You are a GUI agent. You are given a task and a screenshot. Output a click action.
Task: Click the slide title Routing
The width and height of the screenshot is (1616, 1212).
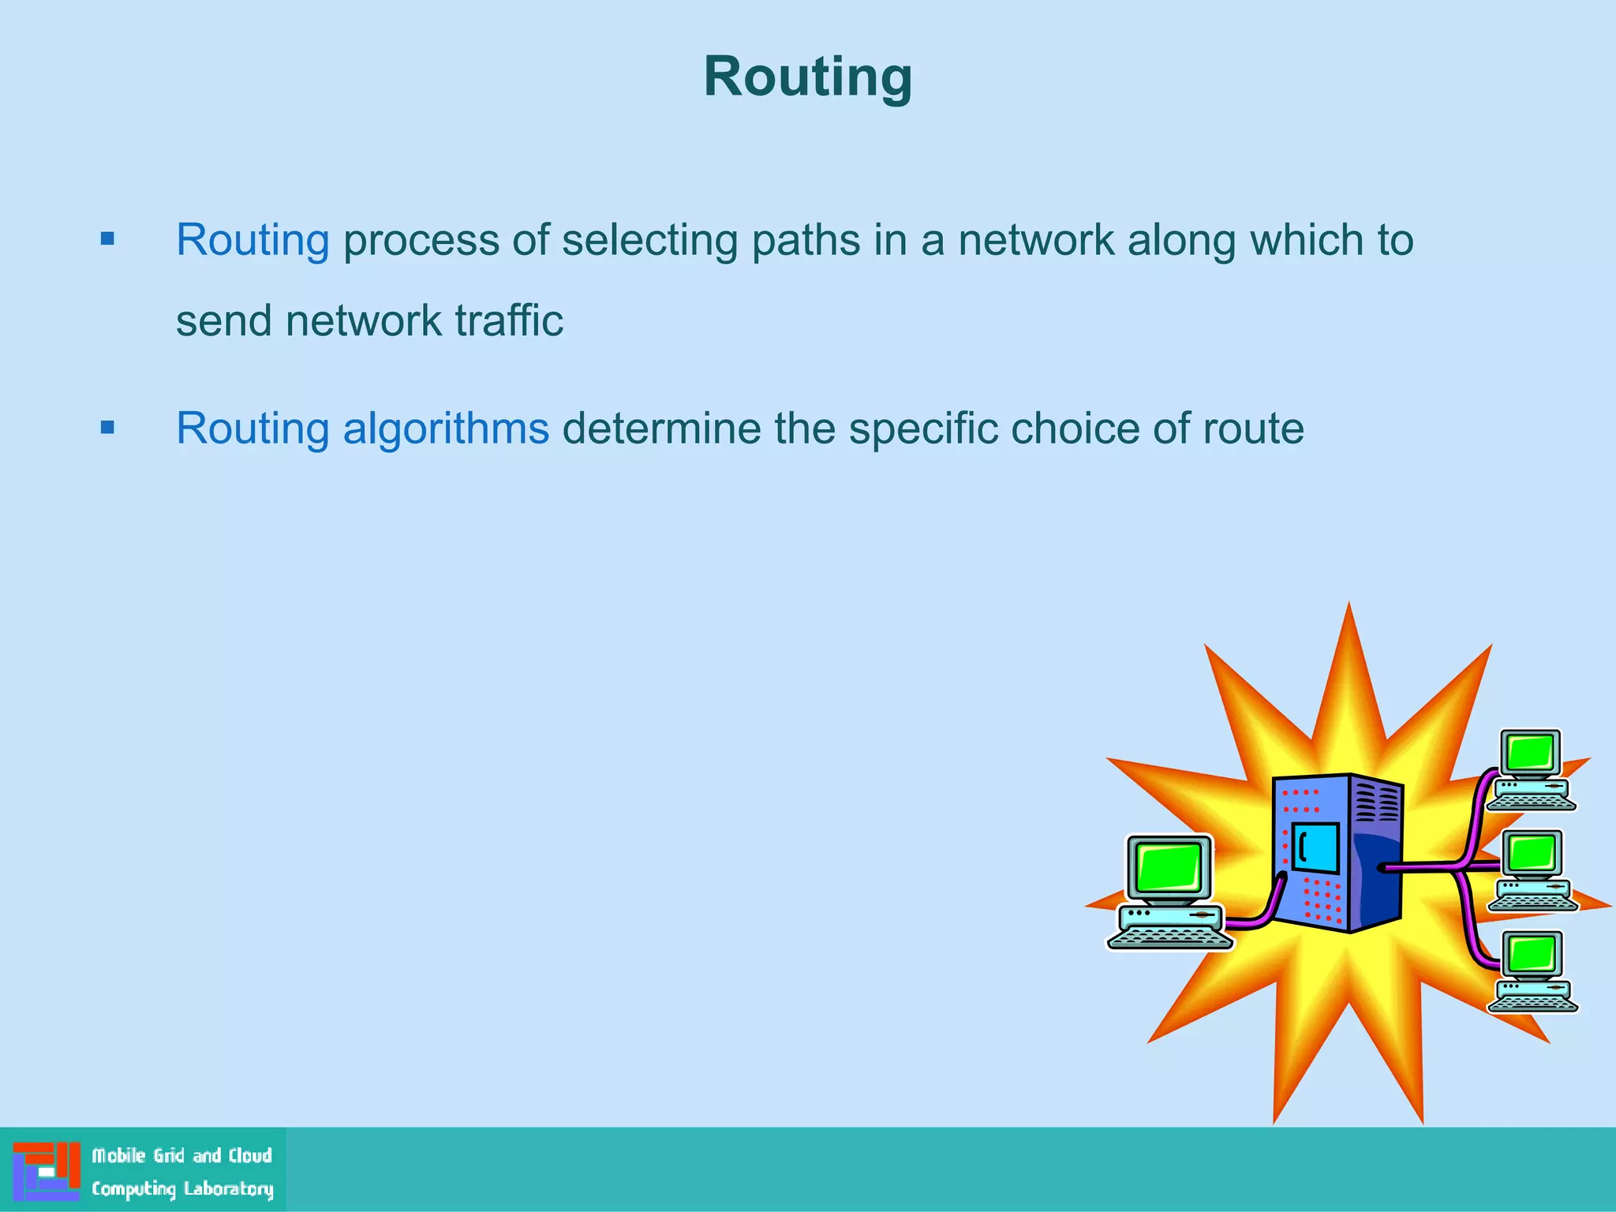coord(807,77)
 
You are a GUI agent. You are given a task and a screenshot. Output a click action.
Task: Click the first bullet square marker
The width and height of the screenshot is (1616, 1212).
coord(108,238)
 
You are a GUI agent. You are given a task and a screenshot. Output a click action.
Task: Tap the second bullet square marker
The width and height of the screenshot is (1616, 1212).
coord(108,428)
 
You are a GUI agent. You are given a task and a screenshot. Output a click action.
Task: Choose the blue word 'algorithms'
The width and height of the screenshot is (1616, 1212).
coord(445,428)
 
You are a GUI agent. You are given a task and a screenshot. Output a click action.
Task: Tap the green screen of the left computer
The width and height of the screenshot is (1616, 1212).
coord(1169,866)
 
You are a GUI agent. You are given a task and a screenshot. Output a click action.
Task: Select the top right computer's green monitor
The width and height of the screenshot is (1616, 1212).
coord(1530,751)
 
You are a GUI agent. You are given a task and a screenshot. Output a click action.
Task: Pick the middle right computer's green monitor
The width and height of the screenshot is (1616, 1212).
coord(1532,852)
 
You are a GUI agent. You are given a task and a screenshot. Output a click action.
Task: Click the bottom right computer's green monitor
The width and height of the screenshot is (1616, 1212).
coord(1532,953)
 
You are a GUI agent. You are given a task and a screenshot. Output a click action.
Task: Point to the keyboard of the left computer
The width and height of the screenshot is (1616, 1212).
coord(1169,938)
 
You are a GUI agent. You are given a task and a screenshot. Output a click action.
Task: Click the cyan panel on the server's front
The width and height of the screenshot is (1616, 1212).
coord(1315,847)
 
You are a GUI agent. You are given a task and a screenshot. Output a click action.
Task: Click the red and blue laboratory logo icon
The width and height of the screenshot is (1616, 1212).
coord(47,1171)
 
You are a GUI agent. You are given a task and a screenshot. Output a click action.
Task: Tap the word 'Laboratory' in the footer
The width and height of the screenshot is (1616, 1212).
coord(229,1188)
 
